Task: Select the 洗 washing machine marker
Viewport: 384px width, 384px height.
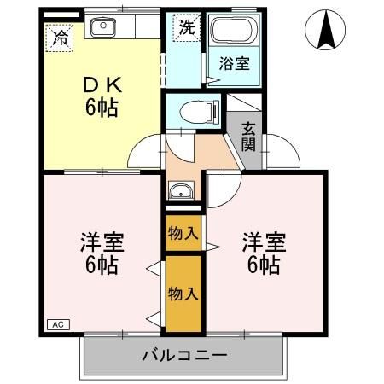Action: coord(187,26)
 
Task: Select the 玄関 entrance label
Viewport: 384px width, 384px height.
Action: coord(248,136)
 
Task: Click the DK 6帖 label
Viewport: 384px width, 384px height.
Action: coord(101,96)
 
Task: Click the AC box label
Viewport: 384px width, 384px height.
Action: coord(58,324)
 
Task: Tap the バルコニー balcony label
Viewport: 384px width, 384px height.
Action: coord(184,354)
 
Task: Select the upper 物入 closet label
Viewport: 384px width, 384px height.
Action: coord(183,232)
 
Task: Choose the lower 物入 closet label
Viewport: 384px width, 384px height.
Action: coord(183,294)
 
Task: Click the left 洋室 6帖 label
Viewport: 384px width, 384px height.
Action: coord(102,253)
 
